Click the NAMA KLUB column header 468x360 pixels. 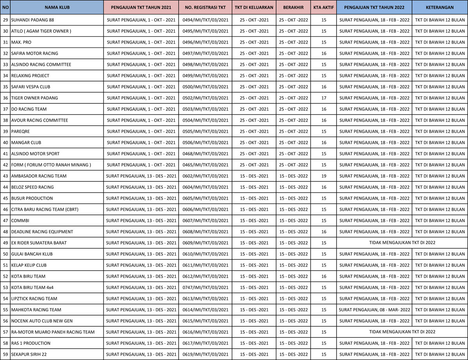pyautogui.click(x=57, y=7)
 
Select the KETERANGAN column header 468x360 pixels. pyautogui.click(x=440, y=7)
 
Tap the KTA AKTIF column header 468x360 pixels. pyautogui.click(x=324, y=7)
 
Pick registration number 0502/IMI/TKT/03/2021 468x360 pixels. pyautogui.click(x=206, y=98)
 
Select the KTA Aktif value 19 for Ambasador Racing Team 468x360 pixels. pyautogui.click(x=324, y=176)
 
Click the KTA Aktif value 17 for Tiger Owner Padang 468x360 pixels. pyautogui.click(x=324, y=98)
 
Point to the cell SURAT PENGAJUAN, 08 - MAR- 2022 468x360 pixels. pyautogui.click(x=374, y=310)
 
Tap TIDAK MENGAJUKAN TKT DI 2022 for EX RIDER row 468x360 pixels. pyautogui.click(x=402, y=243)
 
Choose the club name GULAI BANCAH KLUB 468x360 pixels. pyautogui.click(x=32, y=254)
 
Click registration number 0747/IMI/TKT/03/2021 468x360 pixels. pyautogui.click(x=206, y=287)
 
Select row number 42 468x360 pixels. pyautogui.click(x=5, y=165)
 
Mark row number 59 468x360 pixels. pyautogui.click(x=5, y=355)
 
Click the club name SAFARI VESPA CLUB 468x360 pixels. pyautogui.click(x=31, y=87)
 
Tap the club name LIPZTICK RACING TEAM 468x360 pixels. pyautogui.click(x=34, y=299)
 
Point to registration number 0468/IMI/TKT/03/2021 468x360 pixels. pyautogui.click(x=206, y=154)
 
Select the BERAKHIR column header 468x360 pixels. pyautogui.click(x=293, y=7)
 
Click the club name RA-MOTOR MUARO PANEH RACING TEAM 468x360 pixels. pyautogui.click(x=53, y=332)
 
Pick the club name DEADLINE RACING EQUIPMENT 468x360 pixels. pyautogui.click(x=42, y=232)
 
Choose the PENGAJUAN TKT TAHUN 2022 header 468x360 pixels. pyautogui.click(x=374, y=7)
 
